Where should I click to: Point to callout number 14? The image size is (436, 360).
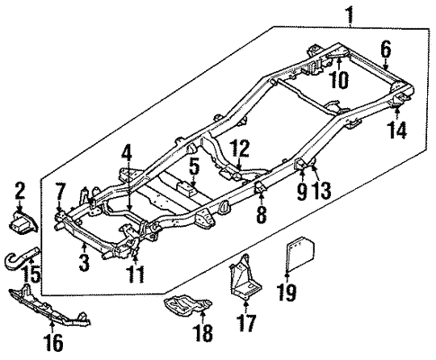[396, 130]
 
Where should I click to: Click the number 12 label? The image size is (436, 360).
[239, 148]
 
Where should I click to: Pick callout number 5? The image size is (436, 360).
[192, 166]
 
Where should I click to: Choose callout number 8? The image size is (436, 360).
[260, 213]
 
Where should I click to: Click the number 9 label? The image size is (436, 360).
[302, 191]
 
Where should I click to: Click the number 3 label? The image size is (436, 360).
[83, 264]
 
